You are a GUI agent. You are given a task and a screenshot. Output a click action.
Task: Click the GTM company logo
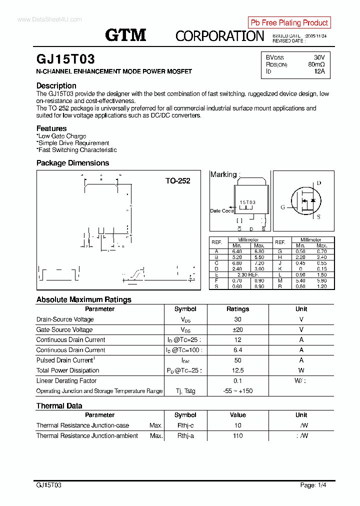point(125,35)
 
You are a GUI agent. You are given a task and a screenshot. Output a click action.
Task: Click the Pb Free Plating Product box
point(289,22)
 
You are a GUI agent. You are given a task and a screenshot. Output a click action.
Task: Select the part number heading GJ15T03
point(65,59)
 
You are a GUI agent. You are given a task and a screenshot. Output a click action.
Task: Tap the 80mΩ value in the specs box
point(316,64)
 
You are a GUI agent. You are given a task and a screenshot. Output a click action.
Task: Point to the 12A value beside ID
point(319,71)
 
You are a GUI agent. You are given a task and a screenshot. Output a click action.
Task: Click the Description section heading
point(56,85)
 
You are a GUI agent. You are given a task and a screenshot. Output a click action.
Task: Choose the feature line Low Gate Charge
point(62,136)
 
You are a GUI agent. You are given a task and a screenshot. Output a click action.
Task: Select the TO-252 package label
point(177,181)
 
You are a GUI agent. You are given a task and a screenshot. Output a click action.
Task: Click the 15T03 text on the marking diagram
point(247,202)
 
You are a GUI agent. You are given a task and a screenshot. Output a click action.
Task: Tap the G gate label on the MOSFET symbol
point(282,207)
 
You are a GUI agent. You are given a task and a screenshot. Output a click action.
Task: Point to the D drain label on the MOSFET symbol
point(318,183)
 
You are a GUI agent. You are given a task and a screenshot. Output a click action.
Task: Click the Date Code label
point(221,211)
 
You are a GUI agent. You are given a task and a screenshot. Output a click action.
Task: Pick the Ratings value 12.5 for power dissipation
point(237,370)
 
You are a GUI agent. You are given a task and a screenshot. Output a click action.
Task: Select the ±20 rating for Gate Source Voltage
point(237,329)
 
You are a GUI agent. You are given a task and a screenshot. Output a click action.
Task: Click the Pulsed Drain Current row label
point(65,360)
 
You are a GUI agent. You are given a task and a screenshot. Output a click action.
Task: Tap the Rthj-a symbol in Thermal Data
point(185,435)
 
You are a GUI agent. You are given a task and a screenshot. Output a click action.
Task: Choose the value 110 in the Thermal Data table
point(237,435)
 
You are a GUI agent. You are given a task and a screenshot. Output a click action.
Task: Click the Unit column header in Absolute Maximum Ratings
point(301,309)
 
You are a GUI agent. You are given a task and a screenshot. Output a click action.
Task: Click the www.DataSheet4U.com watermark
point(49,19)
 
